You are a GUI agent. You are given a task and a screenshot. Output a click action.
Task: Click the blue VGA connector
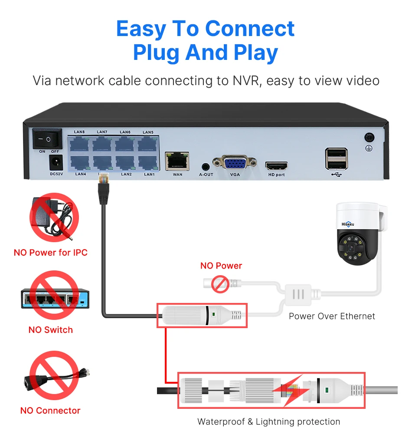pyautogui.click(x=235, y=163)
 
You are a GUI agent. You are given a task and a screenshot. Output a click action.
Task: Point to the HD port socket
pyautogui.click(x=276, y=166)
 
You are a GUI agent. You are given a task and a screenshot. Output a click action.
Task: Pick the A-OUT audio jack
pyautogui.click(x=206, y=166)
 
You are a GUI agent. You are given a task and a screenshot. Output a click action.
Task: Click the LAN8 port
pyautogui.click(x=79, y=143)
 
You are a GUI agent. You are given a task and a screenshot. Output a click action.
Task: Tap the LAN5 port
pyautogui.click(x=148, y=143)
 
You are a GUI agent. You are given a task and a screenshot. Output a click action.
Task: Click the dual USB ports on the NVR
pyautogui.click(x=336, y=159)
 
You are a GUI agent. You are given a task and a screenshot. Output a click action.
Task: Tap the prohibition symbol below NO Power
pyautogui.click(x=220, y=284)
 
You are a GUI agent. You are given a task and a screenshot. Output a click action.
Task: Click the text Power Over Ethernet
pyautogui.click(x=332, y=316)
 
